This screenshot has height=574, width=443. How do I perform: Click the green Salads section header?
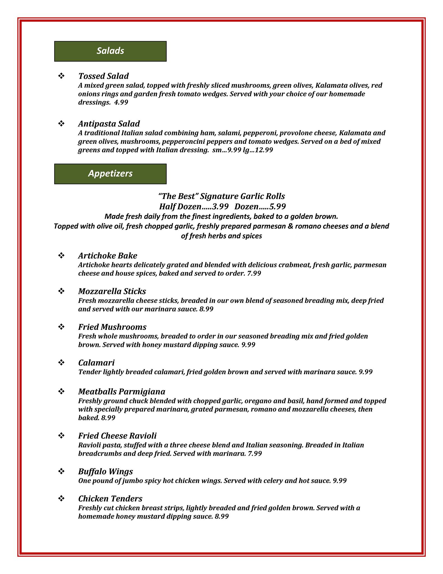110,51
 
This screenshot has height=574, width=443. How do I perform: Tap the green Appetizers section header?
110,174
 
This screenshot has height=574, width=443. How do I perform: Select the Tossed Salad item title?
103,76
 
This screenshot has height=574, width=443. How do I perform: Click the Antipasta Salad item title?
109,124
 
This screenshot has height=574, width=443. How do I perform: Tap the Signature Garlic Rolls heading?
222,196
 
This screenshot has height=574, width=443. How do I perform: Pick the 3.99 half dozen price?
220,207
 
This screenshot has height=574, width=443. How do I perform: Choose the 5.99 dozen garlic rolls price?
277,207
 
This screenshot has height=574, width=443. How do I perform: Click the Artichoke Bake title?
108,256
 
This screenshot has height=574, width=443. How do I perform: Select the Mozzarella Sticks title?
112,291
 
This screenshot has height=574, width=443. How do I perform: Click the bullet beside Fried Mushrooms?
61,327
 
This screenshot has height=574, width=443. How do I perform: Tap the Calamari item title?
96,363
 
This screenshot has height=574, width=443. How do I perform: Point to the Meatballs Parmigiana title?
122,391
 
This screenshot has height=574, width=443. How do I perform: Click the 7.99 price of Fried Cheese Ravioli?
255,453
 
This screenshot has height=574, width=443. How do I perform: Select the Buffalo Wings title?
105,471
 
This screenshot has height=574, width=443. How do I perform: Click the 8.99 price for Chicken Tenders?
221,516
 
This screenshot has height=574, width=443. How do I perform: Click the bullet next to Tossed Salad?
61,76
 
